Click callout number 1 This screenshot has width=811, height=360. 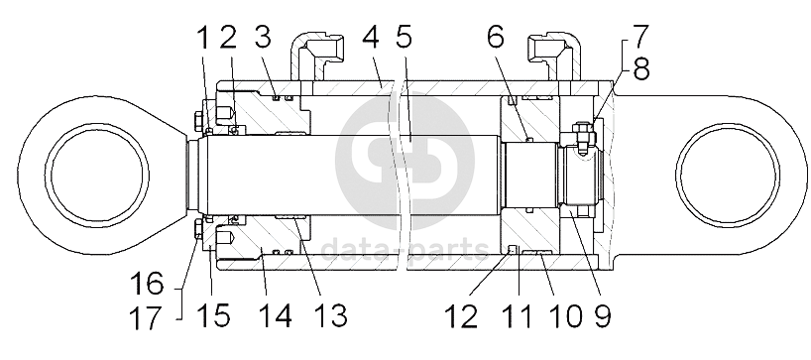204,38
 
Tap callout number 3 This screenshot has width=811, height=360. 263,38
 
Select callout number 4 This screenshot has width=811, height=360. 372,38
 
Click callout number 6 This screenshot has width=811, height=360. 496,38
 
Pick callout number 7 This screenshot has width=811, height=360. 639,37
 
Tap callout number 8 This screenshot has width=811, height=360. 640,68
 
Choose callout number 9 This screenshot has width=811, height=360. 602,315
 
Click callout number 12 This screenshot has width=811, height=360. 461,315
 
